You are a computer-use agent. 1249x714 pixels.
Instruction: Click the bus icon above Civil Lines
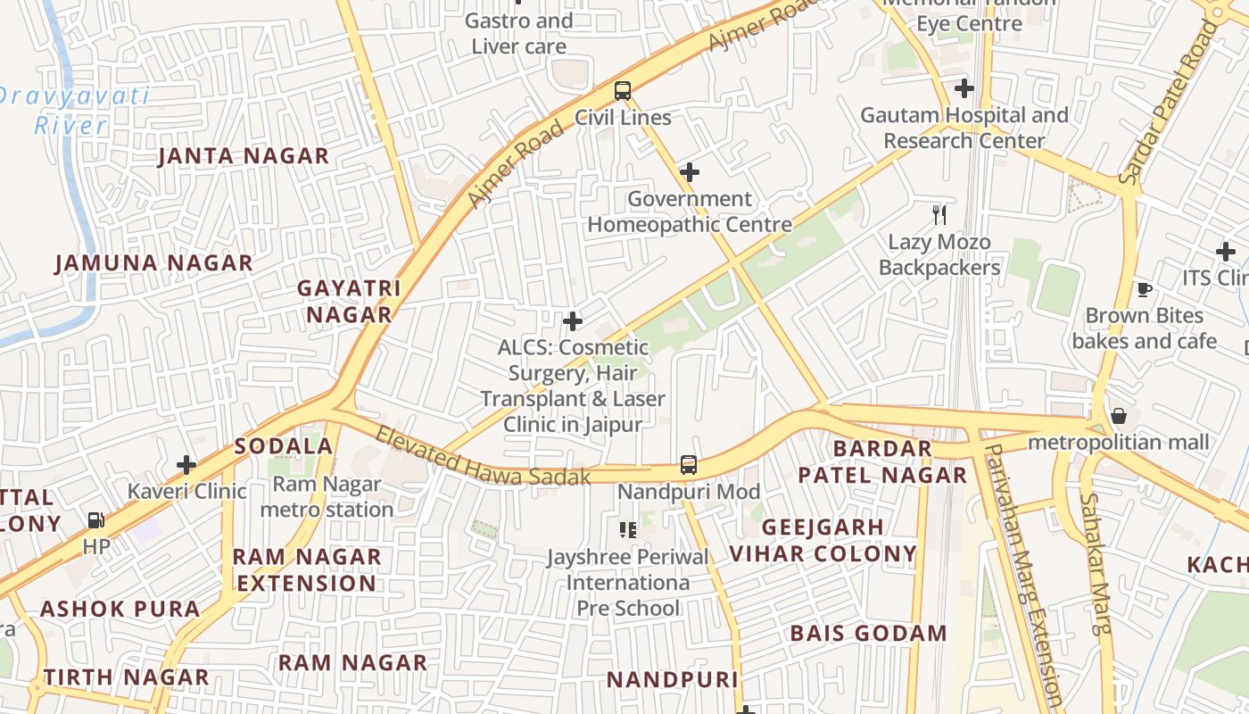pyautogui.click(x=622, y=91)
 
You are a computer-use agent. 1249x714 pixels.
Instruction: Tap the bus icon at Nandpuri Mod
pyautogui.click(x=688, y=465)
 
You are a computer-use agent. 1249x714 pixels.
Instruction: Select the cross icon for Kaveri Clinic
pyautogui.click(x=186, y=465)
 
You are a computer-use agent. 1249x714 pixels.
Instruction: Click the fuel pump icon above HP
pyautogui.click(x=95, y=520)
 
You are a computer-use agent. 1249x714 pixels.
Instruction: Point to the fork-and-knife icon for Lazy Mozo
pyautogui.click(x=939, y=214)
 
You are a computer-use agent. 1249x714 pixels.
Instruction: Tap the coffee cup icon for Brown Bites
pyautogui.click(x=1144, y=289)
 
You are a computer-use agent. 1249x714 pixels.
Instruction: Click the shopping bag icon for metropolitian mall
pyautogui.click(x=1119, y=417)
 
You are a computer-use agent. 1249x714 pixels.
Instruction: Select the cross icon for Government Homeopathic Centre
pyautogui.click(x=689, y=172)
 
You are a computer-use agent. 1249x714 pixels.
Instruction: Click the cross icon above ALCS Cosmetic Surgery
pyautogui.click(x=573, y=321)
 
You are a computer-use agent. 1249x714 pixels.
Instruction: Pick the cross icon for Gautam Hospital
pyautogui.click(x=964, y=89)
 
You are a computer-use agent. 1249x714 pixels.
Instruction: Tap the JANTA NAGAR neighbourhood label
pyautogui.click(x=244, y=156)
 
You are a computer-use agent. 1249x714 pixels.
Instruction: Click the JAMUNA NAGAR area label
pyautogui.click(x=154, y=263)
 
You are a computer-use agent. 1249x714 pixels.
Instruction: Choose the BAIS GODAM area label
pyautogui.click(x=868, y=634)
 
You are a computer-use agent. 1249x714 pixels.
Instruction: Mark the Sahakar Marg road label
pyautogui.click(x=1096, y=562)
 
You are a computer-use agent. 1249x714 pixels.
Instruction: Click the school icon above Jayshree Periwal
pyautogui.click(x=628, y=530)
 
